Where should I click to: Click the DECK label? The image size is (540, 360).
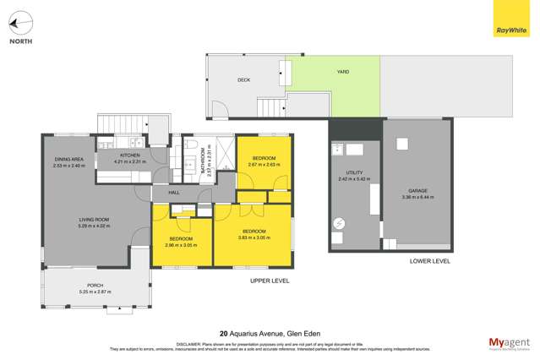243,80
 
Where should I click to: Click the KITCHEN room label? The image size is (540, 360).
129,155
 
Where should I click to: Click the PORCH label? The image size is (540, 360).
95,286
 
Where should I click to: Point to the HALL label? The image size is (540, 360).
174,193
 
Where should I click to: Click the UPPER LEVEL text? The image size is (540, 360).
270,279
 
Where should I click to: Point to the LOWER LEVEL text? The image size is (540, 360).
429,261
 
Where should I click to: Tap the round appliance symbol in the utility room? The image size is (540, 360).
339,224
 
